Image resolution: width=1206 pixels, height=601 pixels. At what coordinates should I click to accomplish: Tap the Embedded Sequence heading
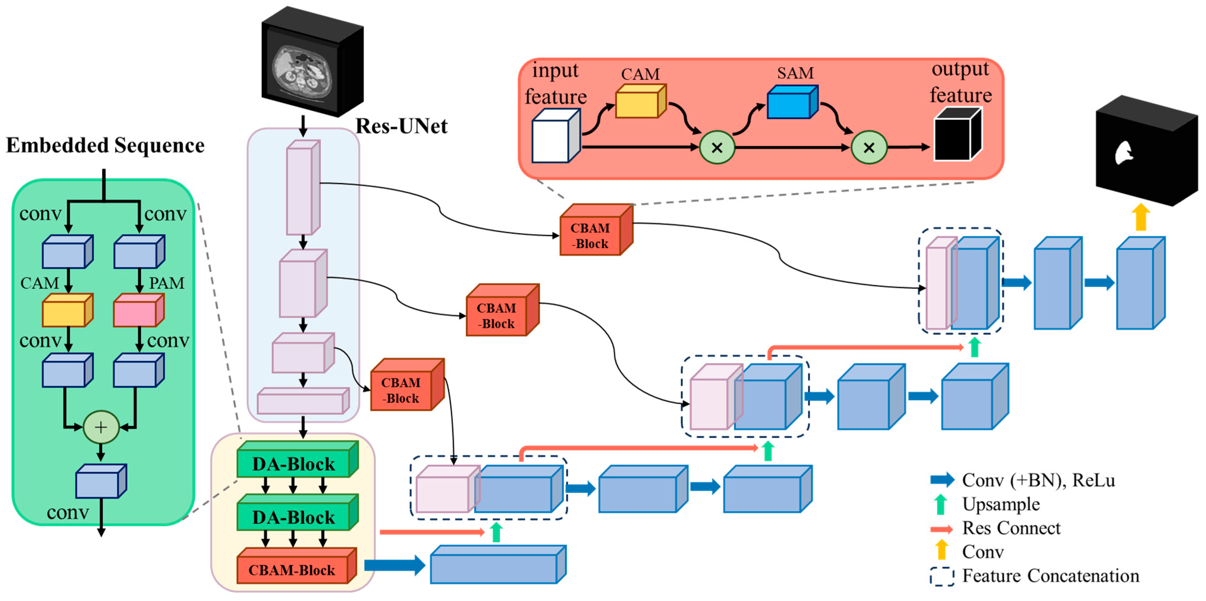(x=105, y=145)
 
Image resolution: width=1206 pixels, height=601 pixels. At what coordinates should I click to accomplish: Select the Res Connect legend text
(x=1011, y=528)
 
